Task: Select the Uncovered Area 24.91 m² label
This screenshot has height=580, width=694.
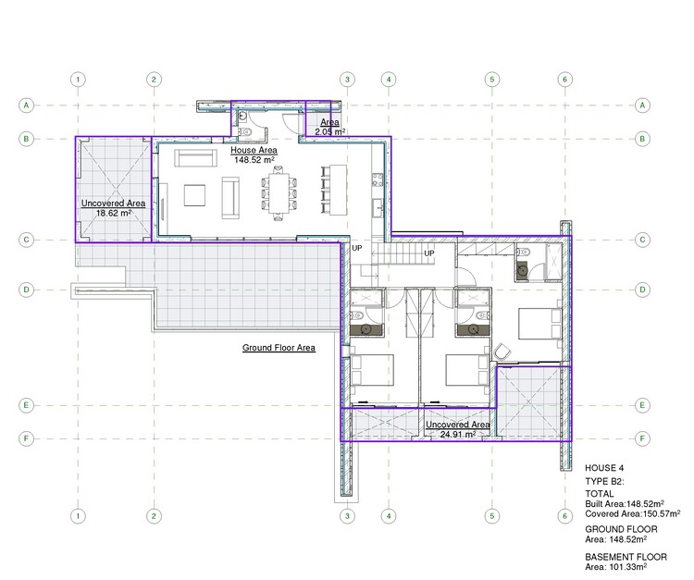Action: [451, 428]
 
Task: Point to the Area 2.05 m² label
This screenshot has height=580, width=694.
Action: [329, 128]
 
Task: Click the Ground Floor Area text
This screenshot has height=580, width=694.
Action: [279, 348]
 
